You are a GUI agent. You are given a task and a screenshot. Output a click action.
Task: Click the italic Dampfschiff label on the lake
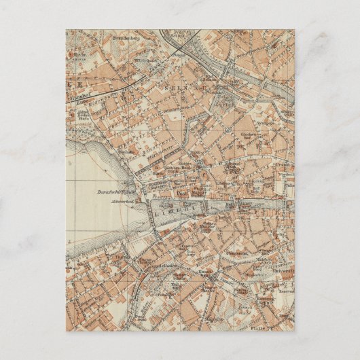pos(113,191)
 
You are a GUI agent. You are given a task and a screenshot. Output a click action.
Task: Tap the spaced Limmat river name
pos(175,212)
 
